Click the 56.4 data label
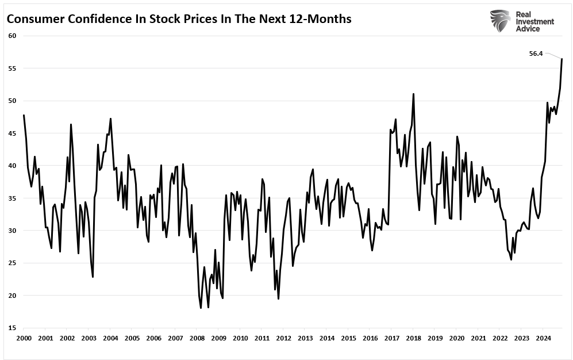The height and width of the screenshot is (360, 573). (x=536, y=53)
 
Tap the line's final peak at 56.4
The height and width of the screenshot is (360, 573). (x=562, y=59)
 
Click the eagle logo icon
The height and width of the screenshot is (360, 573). (x=501, y=21)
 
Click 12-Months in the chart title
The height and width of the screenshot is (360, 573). (x=321, y=19)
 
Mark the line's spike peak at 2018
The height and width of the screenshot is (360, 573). (x=413, y=94)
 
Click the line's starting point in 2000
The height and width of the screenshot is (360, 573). (x=24, y=115)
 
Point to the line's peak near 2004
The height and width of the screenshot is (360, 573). (x=110, y=118)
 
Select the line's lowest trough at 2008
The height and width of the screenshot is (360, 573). (x=201, y=308)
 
